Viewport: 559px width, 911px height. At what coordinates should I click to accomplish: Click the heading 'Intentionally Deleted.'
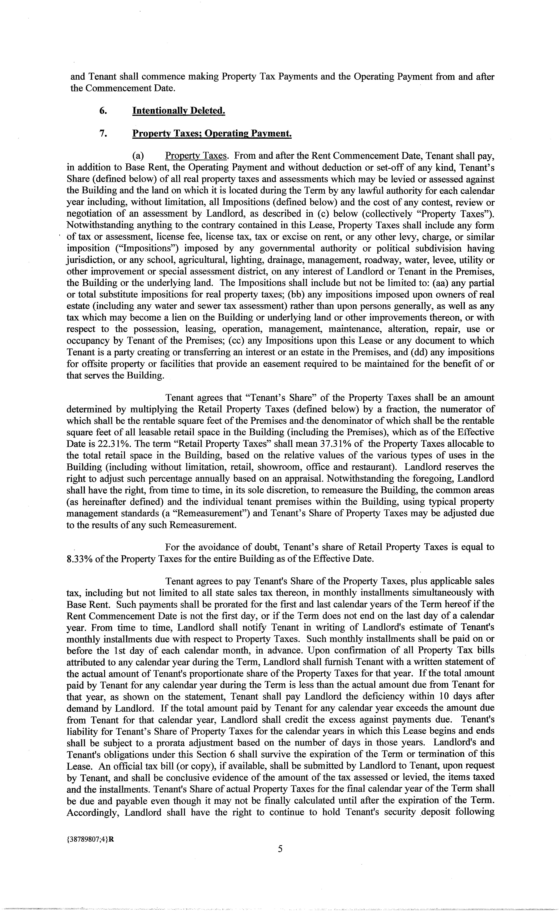click(x=179, y=111)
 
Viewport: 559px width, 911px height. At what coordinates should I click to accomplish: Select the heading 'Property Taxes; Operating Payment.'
click(x=212, y=134)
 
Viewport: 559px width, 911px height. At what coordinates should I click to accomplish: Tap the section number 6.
click(x=103, y=111)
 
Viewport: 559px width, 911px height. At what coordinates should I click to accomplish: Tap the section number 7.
click(x=103, y=134)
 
